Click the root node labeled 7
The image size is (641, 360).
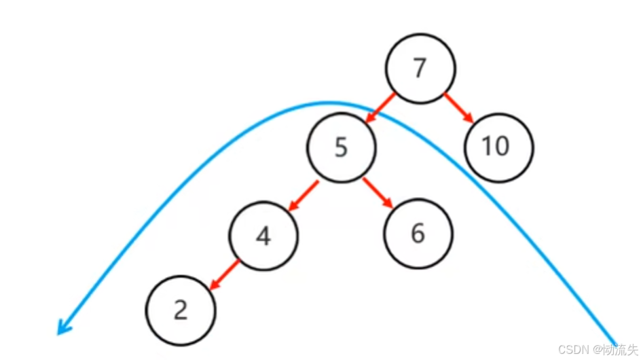pos(420,69)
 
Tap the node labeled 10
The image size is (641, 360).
pos(499,147)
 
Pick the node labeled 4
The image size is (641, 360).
pos(263,235)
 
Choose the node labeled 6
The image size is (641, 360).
pos(418,233)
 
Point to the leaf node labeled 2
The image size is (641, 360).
pos(181,310)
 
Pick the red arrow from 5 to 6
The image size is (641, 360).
pos(378,193)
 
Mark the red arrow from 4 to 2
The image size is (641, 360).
pos(224,275)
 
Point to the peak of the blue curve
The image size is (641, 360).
pos(326,103)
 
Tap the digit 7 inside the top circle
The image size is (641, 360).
pos(420,69)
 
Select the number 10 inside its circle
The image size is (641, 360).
pos(496,147)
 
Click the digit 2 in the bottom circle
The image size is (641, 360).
pos(181,310)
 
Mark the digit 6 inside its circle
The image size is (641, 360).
pos(418,233)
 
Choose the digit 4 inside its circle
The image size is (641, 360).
pos(263,236)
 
